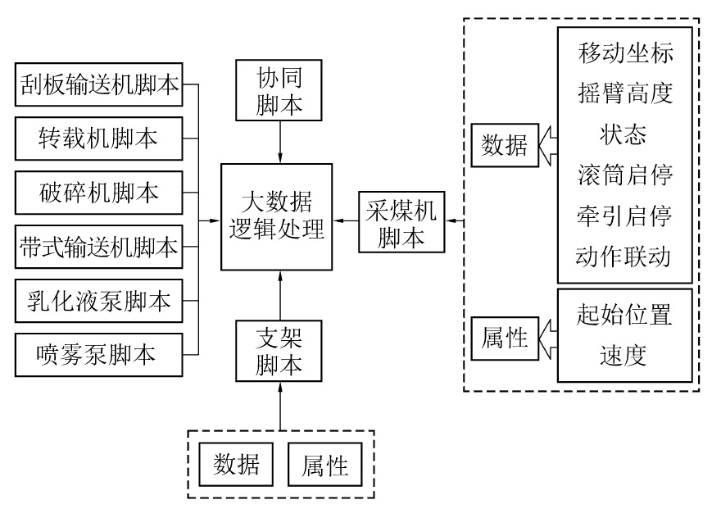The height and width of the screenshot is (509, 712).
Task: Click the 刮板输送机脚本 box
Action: (98, 86)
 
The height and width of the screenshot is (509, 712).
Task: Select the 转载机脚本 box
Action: (98, 139)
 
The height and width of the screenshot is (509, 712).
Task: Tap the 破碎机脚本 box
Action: (98, 193)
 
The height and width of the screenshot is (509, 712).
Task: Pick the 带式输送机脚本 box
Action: (98, 247)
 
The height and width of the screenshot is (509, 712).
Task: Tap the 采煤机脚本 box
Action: (399, 222)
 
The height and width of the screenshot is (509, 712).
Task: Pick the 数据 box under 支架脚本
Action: (237, 466)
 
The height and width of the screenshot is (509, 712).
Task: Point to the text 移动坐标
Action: (624, 55)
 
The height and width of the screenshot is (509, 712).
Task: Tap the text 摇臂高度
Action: (624, 95)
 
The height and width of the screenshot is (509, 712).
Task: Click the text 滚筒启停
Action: (624, 176)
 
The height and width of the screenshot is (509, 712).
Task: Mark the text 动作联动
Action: (624, 257)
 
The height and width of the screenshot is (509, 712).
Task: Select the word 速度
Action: (624, 355)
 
